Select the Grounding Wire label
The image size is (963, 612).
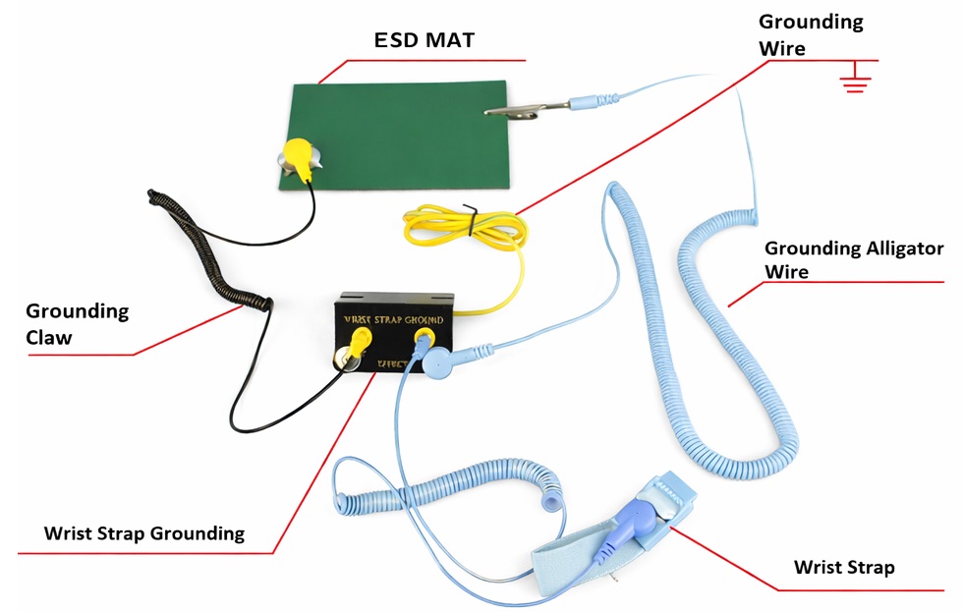pos(811,34)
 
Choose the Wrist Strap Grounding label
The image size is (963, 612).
pos(144,534)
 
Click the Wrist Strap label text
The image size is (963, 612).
pos(844,568)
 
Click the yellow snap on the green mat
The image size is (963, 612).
pos(298,155)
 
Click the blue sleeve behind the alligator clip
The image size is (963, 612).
pos(595,99)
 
